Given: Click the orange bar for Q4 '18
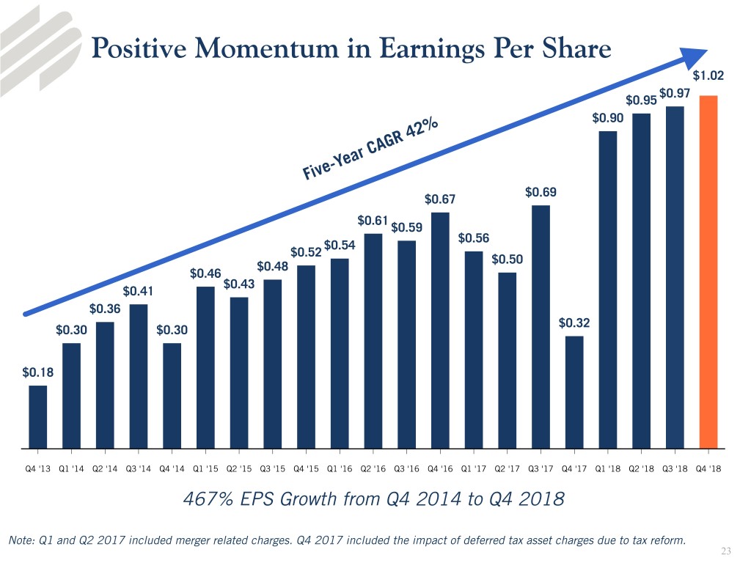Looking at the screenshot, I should [x=708, y=271].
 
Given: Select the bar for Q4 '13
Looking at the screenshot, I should [x=37, y=416].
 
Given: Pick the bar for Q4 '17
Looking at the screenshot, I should [x=574, y=391].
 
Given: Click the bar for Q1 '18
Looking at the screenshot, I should [x=607, y=289].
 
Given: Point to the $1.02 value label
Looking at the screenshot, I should [x=707, y=74].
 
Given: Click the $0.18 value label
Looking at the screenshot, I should [x=37, y=373].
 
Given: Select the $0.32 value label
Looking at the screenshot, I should [x=574, y=323].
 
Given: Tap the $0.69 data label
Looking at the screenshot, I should [x=541, y=193].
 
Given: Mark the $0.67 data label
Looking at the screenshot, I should [x=440, y=199].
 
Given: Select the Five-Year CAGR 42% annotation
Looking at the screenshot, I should [x=370, y=150].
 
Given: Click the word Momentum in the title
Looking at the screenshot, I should [x=246, y=48].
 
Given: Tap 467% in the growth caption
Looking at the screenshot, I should [x=203, y=500].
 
